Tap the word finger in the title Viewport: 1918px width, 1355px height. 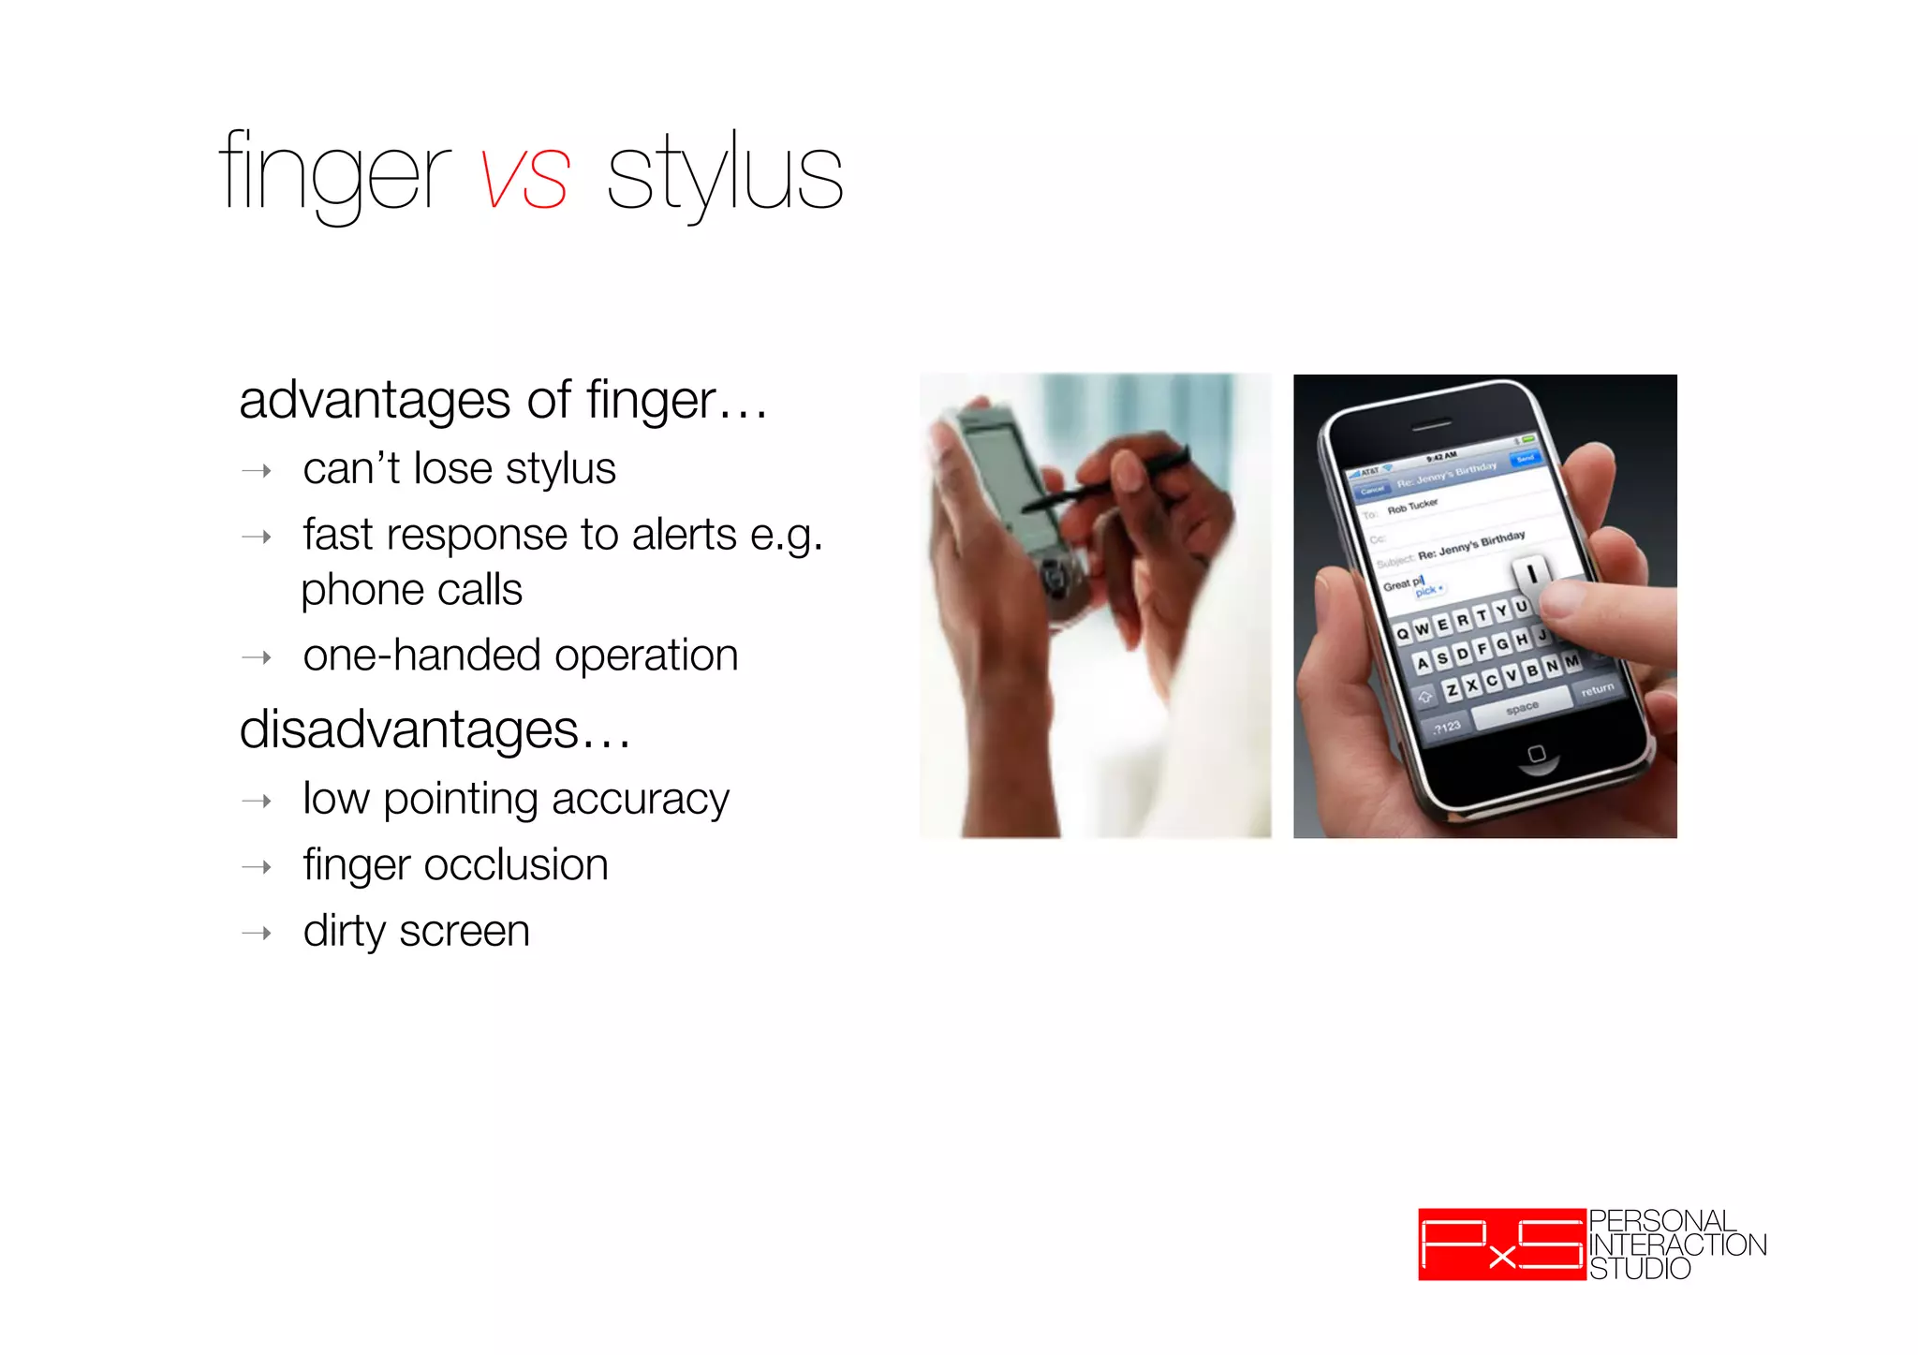[334, 176]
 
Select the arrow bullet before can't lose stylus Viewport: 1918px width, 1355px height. [257, 470]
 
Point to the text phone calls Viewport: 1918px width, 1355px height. [411, 590]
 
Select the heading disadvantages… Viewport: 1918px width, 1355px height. [435, 729]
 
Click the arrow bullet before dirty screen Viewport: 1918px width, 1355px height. [257, 933]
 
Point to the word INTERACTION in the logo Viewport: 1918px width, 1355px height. [1677, 1245]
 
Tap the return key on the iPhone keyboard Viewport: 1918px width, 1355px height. [1597, 690]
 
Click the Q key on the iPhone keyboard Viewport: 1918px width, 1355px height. [1402, 634]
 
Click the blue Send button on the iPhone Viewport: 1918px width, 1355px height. [1525, 458]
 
